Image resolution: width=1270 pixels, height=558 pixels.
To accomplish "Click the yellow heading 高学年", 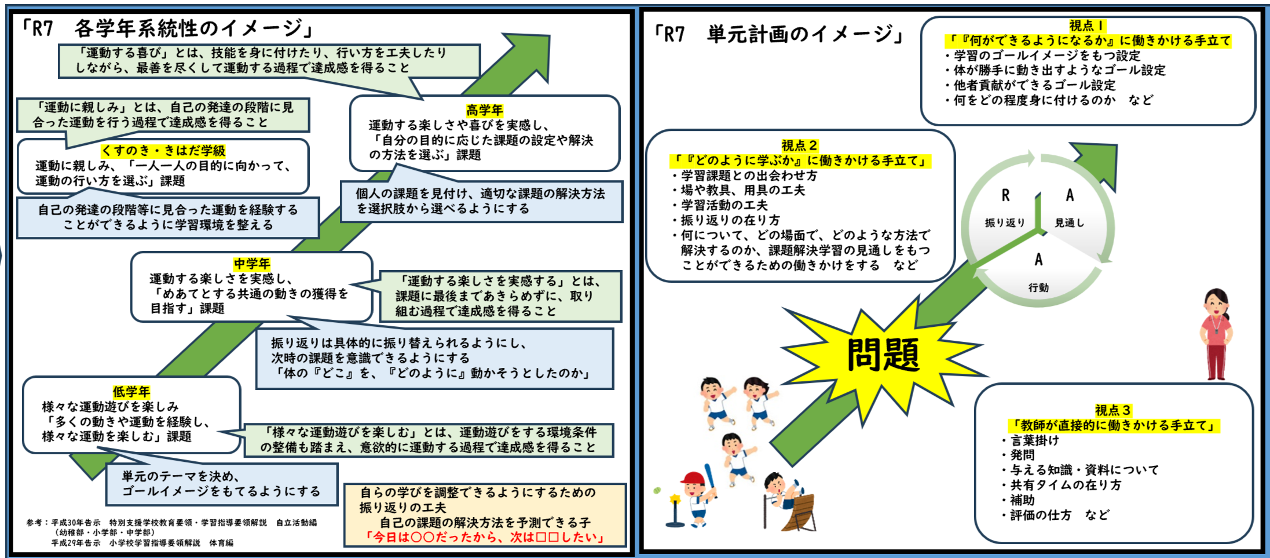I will click(x=484, y=110).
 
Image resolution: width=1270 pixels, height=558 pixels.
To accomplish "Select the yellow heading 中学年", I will click(x=252, y=264).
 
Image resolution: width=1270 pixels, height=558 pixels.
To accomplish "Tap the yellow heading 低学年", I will click(x=131, y=392).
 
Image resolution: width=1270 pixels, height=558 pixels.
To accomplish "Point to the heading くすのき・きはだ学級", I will click(x=163, y=151).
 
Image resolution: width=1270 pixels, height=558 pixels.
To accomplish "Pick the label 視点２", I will click(x=800, y=145).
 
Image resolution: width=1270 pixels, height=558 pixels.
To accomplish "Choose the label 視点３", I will click(x=1113, y=410).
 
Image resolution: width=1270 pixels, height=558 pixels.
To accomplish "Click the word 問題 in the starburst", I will click(x=883, y=355).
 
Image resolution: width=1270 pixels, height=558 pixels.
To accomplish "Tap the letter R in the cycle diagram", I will click(x=1005, y=196).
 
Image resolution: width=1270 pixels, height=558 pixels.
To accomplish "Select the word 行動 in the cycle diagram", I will click(x=1038, y=287).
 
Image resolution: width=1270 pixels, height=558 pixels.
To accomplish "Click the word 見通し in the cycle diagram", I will click(x=1069, y=223).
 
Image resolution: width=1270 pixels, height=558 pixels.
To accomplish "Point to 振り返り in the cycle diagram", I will click(x=1005, y=223).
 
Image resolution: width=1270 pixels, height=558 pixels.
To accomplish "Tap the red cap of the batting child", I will click(x=693, y=477).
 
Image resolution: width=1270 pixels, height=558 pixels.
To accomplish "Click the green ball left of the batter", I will click(x=657, y=490).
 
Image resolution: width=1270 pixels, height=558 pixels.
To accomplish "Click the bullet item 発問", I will click(x=1022, y=455).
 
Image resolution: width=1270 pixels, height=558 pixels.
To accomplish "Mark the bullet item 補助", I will click(x=1022, y=500).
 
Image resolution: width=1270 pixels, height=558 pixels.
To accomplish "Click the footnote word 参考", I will click(x=34, y=523).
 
